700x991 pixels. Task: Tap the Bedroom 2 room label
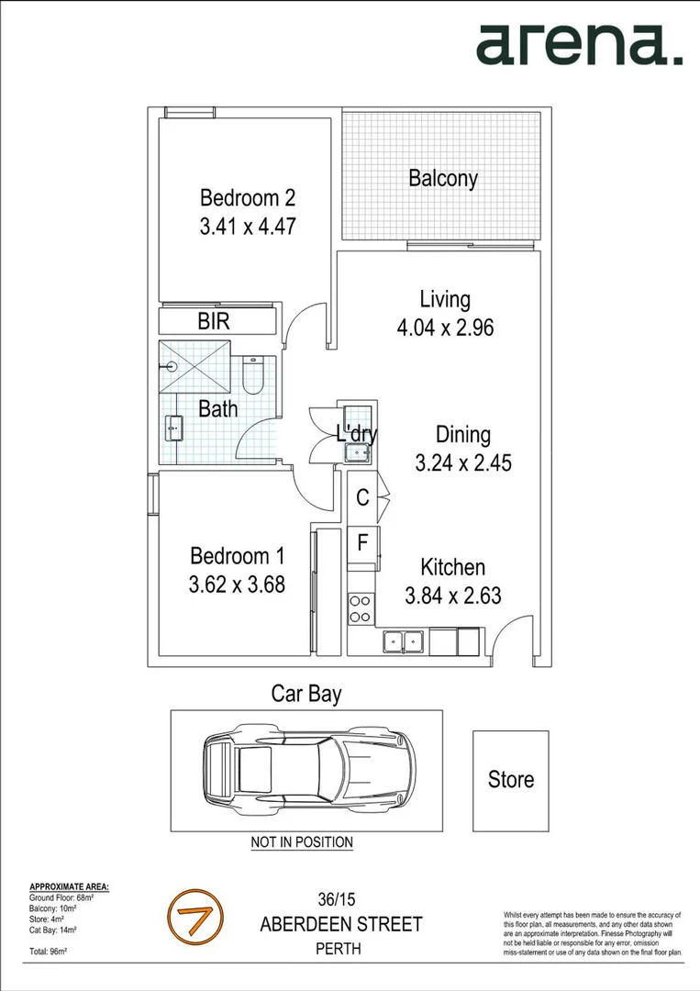[248, 197]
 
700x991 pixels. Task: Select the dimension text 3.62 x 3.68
[237, 584]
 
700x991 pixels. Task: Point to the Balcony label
[443, 178]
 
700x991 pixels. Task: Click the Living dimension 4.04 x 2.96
[445, 327]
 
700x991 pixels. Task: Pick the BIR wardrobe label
[214, 322]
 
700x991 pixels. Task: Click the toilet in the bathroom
[253, 374]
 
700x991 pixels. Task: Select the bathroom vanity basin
[173, 428]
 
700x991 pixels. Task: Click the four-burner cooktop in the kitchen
[360, 608]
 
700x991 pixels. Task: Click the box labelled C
[362, 498]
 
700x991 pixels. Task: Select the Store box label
[510, 780]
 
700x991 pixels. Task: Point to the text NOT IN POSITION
[302, 841]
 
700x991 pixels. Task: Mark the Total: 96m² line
[49, 952]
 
